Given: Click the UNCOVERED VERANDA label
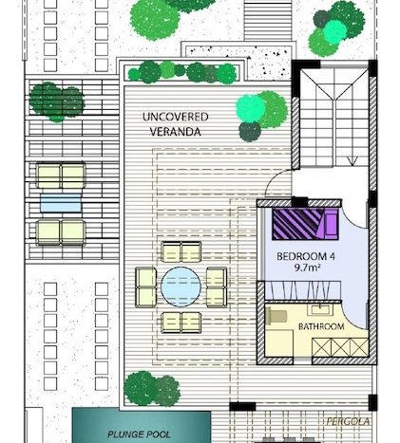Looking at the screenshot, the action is (x=175, y=124).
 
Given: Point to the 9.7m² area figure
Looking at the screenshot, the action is (x=307, y=268).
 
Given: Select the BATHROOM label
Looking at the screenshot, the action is (x=321, y=326).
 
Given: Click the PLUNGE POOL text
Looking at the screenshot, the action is (x=140, y=434).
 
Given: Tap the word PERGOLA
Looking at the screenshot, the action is (x=348, y=421).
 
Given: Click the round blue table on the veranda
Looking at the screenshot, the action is (x=181, y=286).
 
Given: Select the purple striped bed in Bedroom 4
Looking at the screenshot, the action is (x=304, y=224).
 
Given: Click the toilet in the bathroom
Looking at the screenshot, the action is (x=276, y=316).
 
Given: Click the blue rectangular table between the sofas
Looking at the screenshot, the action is (x=61, y=203).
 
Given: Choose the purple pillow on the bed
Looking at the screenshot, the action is (x=330, y=224).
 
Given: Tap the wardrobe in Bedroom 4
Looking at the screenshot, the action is (x=303, y=290).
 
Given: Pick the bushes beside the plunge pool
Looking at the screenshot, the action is (x=152, y=389).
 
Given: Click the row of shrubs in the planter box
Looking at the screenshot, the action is (x=182, y=72).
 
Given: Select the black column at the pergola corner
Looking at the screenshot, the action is (x=242, y=406).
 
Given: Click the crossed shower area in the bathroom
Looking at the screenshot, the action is (x=340, y=347).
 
